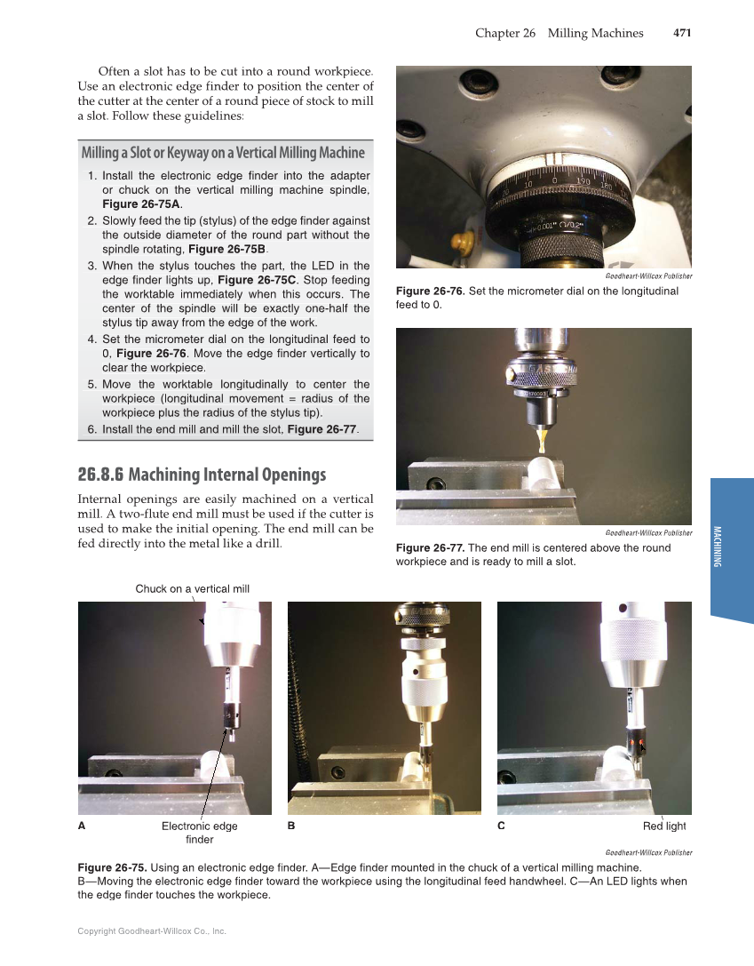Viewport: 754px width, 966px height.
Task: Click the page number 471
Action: tap(681, 33)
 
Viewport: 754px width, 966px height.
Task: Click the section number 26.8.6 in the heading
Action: tap(100, 475)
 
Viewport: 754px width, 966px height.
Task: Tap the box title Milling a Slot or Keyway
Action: tap(223, 152)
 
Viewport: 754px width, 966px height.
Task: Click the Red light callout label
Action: tap(664, 826)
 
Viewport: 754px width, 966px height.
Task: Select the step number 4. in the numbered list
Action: tap(92, 339)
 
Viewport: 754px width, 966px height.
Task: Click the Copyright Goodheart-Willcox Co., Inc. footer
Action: tap(152, 931)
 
